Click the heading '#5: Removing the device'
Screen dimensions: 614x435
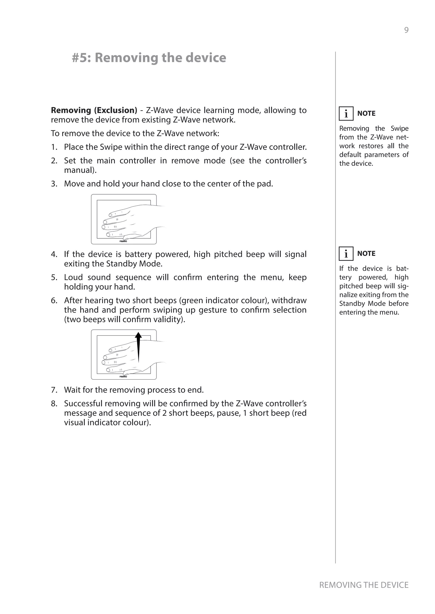[149, 58]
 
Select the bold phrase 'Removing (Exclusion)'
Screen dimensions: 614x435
[94, 110]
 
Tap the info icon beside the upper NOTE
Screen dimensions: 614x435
[346, 114]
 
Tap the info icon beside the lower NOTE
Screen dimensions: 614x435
[346, 254]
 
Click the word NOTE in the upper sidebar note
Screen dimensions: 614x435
[366, 113]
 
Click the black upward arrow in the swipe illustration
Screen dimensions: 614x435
[138, 347]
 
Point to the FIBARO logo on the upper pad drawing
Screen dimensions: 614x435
[123, 241]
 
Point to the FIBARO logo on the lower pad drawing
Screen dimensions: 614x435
[123, 377]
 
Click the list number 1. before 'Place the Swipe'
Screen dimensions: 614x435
[54, 147]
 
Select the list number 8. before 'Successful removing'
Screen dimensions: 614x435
[54, 403]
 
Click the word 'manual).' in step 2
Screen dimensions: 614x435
[80, 170]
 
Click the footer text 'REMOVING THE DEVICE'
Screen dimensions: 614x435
[363, 585]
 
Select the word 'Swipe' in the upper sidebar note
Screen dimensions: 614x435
[399, 129]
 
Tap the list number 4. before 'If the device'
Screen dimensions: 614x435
[54, 254]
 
